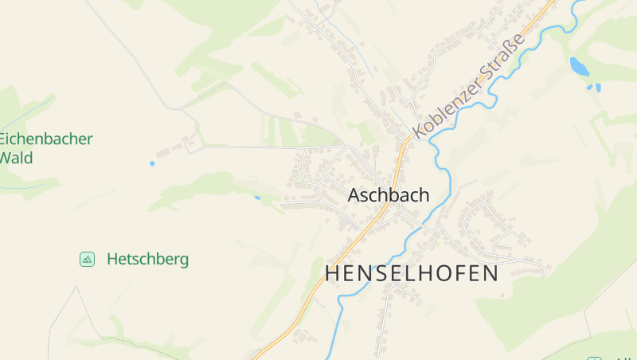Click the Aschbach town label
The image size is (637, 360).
389,195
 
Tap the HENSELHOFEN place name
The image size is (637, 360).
412,273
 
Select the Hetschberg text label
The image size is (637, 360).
147,259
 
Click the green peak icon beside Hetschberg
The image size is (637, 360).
88,259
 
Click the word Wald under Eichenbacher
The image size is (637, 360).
17,158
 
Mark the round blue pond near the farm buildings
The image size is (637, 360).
152,163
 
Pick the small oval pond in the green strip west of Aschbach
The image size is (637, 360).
257,197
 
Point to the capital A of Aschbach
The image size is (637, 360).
355,195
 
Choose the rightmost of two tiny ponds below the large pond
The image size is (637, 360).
598,86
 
